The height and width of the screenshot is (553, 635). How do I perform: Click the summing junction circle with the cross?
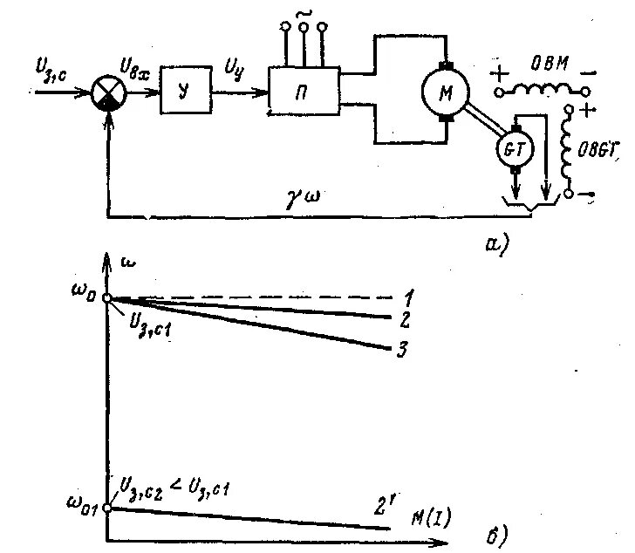108,92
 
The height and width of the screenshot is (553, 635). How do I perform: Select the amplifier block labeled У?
185,91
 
